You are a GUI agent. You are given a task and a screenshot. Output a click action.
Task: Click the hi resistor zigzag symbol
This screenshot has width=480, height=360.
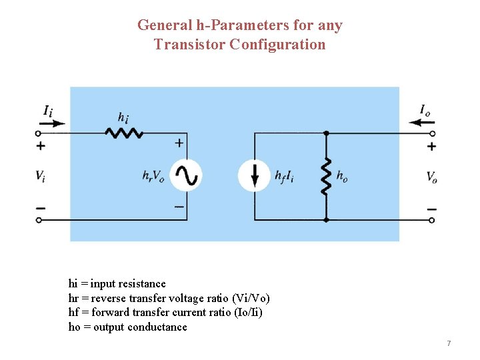click(125, 133)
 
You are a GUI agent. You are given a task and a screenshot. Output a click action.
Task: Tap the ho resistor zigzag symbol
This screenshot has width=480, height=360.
click(326, 177)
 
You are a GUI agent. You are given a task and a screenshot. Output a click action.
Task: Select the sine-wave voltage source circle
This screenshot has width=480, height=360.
click(185, 176)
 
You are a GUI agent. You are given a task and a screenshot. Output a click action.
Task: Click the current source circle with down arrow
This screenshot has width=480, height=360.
click(255, 176)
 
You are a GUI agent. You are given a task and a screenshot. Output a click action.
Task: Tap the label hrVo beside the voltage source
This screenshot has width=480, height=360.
click(153, 177)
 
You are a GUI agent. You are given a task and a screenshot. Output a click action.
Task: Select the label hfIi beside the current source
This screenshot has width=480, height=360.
click(285, 177)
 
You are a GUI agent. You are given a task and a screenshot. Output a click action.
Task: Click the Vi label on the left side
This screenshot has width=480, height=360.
click(41, 177)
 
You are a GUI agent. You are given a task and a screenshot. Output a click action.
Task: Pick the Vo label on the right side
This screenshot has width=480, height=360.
click(432, 177)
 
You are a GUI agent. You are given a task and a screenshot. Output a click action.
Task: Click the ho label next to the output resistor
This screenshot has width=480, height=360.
click(342, 177)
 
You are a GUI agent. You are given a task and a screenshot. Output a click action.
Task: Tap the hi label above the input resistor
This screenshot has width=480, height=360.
click(123, 117)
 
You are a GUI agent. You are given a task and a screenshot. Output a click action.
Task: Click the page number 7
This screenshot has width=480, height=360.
click(449, 343)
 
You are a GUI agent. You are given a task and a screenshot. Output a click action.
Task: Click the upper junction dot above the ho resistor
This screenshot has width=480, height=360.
click(326, 133)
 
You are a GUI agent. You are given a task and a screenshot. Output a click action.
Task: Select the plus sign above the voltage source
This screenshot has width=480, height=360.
click(179, 143)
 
